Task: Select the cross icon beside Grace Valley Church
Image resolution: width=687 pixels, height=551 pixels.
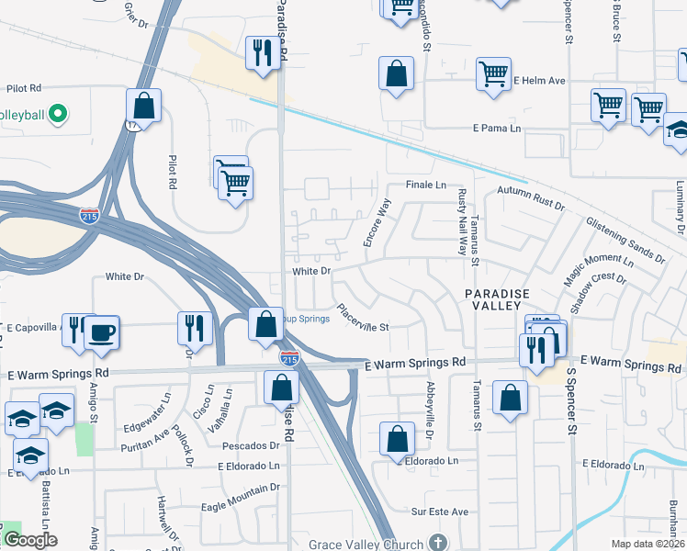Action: (x=439, y=543)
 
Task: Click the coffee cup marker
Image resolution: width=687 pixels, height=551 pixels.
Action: (x=101, y=332)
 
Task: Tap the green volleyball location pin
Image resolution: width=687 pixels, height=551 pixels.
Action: (x=58, y=115)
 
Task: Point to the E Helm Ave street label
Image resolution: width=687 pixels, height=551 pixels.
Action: (x=539, y=81)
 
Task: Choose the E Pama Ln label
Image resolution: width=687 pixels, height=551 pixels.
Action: (x=496, y=129)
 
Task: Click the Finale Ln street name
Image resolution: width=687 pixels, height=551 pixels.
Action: (x=426, y=185)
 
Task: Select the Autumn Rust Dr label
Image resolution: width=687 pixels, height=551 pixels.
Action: (x=531, y=197)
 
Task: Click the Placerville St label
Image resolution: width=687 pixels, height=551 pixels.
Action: (x=363, y=319)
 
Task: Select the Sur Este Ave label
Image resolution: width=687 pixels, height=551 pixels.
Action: (x=440, y=512)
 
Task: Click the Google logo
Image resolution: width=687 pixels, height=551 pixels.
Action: (x=30, y=540)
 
